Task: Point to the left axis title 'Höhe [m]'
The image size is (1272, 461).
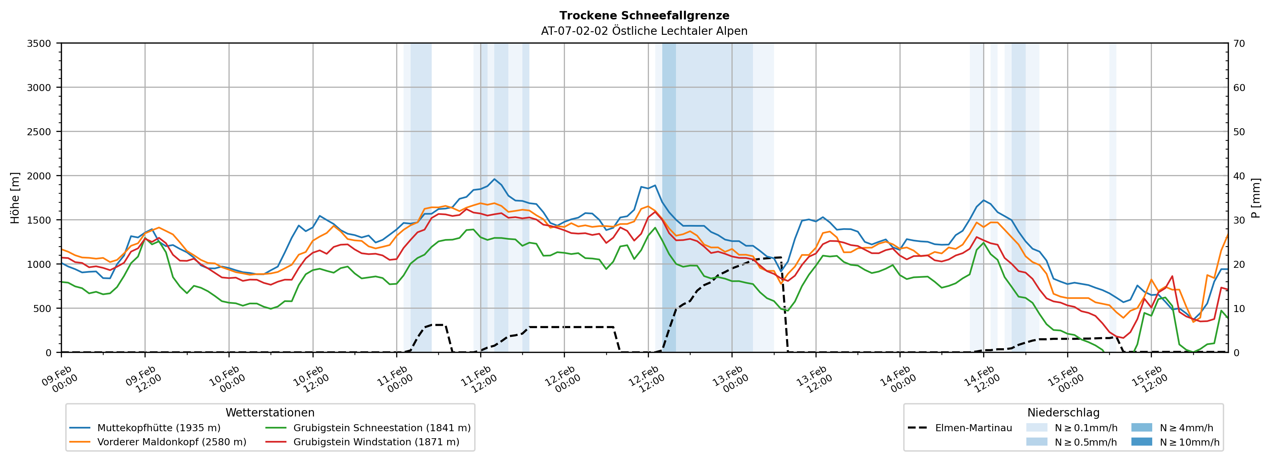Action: click(15, 198)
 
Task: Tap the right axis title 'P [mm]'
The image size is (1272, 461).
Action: click(1256, 198)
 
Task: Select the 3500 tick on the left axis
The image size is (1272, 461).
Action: click(39, 44)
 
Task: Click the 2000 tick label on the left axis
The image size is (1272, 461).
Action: click(39, 176)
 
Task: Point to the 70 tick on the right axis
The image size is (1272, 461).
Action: click(1239, 44)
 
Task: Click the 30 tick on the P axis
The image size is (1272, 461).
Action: click(1239, 220)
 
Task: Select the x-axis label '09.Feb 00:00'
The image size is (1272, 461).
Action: click(60, 379)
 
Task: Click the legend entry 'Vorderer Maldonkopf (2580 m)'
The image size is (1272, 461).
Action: click(171, 442)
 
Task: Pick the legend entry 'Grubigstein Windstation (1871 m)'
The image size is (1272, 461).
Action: click(376, 442)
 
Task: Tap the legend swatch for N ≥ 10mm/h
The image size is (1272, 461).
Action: click(1141, 442)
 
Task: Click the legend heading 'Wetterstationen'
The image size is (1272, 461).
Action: click(270, 412)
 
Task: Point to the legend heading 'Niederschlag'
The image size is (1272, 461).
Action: click(1063, 412)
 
